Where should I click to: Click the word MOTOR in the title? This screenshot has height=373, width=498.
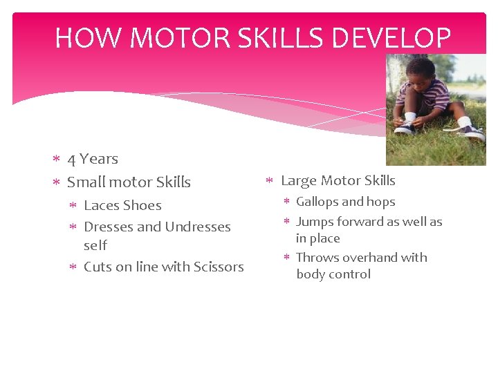pyautogui.click(x=176, y=38)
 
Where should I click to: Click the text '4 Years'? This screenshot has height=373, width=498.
pyautogui.click(x=93, y=159)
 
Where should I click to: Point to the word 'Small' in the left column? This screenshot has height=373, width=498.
pyautogui.click(x=84, y=182)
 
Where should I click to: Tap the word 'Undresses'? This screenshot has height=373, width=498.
pyautogui.click(x=198, y=227)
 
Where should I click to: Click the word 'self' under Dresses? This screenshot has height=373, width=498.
pyautogui.click(x=95, y=245)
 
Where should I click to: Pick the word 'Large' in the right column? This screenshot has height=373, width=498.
pyautogui.click(x=298, y=181)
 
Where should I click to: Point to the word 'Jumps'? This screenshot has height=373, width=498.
pyautogui.click(x=315, y=222)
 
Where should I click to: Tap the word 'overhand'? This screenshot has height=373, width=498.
pyautogui.click(x=367, y=258)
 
